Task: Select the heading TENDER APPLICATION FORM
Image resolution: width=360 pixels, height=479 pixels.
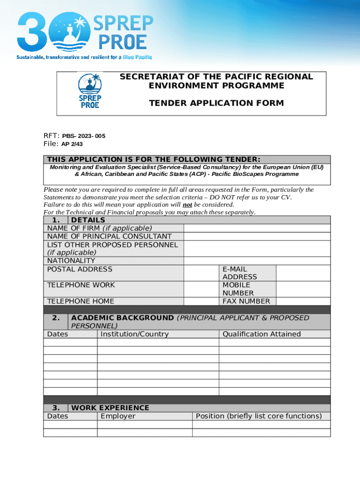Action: [216, 103]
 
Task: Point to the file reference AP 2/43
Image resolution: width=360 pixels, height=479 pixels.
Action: [72, 144]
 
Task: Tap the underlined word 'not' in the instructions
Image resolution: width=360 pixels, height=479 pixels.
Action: [187, 204]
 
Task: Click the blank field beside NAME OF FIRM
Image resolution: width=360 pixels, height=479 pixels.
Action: [257, 228]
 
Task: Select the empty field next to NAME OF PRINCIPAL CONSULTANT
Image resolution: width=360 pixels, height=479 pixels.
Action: [257, 237]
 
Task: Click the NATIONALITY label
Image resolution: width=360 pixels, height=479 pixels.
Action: [71, 261]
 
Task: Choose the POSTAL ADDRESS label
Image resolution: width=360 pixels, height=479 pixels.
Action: [80, 269]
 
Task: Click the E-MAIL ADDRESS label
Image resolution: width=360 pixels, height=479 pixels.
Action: [240, 273]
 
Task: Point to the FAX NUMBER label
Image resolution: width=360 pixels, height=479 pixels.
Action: [246, 301]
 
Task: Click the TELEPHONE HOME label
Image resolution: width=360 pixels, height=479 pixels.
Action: [80, 301]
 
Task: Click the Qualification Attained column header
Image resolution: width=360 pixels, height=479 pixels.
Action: [261, 334]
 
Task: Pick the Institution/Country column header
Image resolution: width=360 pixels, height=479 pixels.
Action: [134, 334]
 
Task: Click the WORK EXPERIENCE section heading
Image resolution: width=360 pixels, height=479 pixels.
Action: [110, 408]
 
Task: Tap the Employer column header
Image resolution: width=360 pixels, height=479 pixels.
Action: [118, 416]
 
